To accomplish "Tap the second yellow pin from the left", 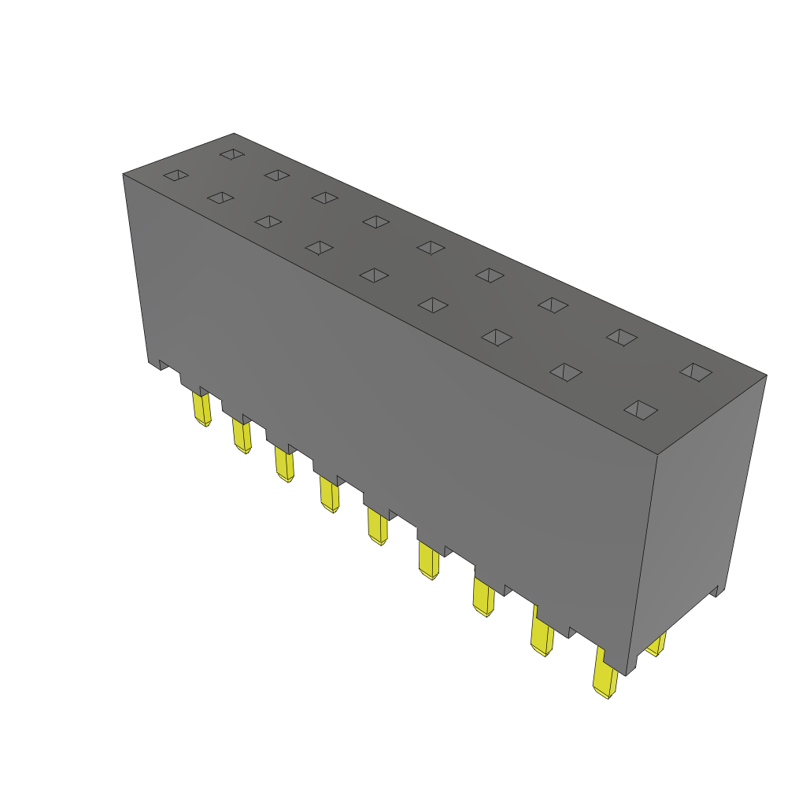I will coord(242,436).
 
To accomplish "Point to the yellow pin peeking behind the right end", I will coord(656,645).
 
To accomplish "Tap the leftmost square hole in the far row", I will coord(232,154).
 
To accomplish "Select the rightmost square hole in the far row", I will coord(696,372).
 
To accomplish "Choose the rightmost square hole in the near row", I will coord(641,409).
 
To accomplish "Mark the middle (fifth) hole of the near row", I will coord(374,275).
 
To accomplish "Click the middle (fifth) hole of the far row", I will coord(431,248).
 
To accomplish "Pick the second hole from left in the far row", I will coord(277,175).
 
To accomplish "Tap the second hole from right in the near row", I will coord(565,372).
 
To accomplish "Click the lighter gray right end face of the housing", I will coord(697,512).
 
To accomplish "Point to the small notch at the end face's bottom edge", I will coord(715,591).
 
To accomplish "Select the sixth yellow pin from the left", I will coord(429,560).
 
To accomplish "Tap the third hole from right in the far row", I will coord(553,305).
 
